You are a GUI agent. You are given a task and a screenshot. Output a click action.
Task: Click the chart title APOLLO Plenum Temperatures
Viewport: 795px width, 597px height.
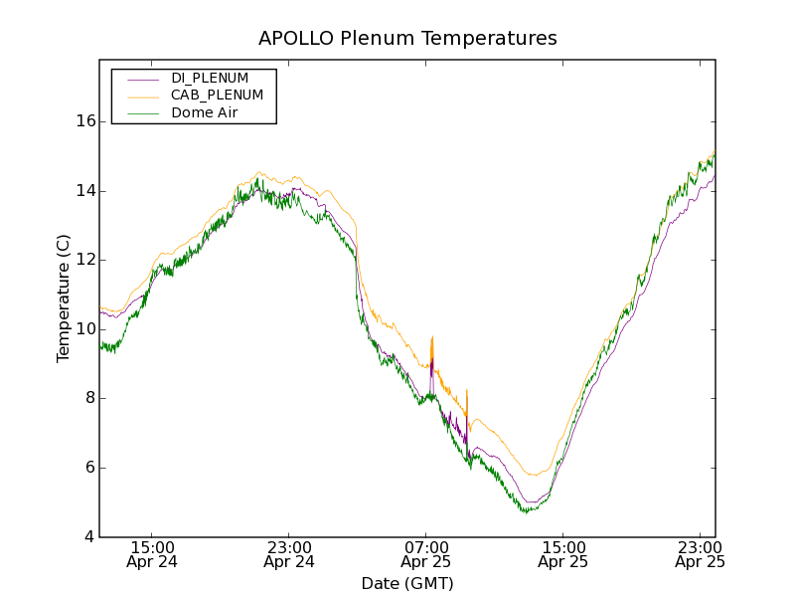coord(407,39)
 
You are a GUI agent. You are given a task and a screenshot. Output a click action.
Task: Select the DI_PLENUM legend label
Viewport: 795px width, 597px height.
coord(210,78)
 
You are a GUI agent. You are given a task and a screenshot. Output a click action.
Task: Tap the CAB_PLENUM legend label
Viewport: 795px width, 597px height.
coord(217,96)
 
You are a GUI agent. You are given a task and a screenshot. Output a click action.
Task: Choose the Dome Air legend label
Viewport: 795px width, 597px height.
coord(204,113)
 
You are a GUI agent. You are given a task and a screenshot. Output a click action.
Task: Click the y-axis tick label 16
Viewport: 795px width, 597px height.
coord(85,121)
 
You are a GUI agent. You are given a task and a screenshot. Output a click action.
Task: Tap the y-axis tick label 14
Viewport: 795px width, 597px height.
coord(85,191)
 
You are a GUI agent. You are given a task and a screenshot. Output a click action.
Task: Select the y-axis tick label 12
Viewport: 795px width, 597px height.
coord(85,260)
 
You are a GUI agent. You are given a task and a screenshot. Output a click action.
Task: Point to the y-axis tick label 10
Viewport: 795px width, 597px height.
coord(85,329)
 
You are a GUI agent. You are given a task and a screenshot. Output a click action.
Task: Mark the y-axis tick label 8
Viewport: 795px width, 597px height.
coord(90,398)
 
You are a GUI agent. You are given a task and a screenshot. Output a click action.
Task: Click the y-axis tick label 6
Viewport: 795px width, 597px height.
coord(90,468)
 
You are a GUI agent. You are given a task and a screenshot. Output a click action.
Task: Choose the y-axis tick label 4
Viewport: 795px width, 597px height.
coord(90,537)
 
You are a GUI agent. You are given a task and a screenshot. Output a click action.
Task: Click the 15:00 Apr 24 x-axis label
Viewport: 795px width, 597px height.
coord(152,554)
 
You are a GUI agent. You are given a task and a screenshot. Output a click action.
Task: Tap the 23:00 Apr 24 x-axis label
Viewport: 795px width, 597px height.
coord(289,554)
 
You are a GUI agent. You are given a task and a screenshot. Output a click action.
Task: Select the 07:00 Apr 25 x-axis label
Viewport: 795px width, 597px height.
coord(426,554)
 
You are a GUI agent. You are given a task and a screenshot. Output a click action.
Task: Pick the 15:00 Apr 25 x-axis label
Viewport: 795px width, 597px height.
coord(562,554)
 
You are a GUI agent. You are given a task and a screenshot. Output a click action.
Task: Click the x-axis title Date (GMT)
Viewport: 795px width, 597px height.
coord(407,583)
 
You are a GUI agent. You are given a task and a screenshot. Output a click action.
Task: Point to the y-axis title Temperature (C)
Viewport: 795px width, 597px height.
coord(64,298)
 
